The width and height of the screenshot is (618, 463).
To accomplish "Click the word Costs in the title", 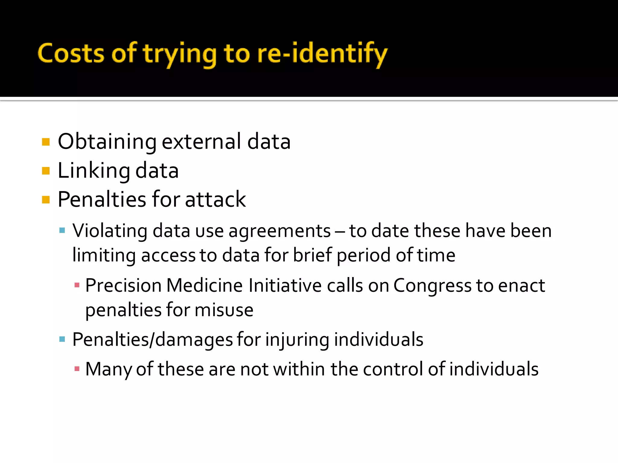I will click(x=71, y=54).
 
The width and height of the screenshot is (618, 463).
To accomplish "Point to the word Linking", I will click(x=94, y=171).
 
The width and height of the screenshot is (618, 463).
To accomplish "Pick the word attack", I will click(x=215, y=200).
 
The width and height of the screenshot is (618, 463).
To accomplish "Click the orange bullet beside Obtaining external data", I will click(x=46, y=142).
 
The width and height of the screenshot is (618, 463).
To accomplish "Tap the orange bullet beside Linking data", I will click(x=46, y=171).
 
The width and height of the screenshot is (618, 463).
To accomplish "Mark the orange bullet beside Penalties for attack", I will click(x=46, y=200).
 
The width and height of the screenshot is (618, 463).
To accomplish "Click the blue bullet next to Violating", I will click(x=62, y=231).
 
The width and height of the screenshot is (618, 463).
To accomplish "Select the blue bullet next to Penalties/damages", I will click(x=62, y=339).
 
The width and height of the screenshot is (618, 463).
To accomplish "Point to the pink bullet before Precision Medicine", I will click(x=77, y=285).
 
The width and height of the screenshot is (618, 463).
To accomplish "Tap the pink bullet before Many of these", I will click(x=77, y=368).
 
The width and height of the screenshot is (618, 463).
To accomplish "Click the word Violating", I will click(x=110, y=231).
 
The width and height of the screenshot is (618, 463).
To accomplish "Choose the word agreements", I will click(x=279, y=231).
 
